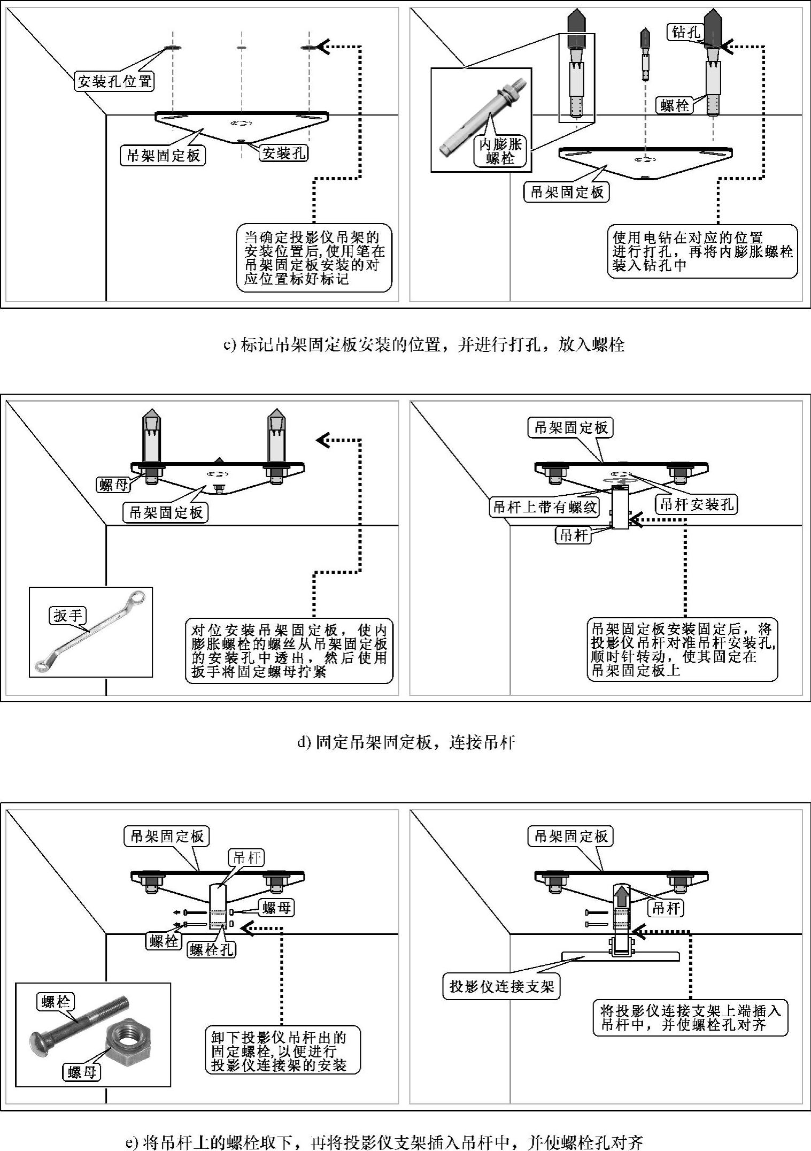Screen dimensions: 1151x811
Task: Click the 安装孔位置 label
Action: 114,81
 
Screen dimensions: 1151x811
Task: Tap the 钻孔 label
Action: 686,33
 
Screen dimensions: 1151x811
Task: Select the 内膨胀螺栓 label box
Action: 500,151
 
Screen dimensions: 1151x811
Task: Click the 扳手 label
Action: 68,616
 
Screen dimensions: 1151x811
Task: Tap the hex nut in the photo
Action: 128,1042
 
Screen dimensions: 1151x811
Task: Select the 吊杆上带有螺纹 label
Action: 544,507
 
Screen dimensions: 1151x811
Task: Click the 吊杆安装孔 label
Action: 697,504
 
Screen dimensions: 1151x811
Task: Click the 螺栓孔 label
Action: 212,949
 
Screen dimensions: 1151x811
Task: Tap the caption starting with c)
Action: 423,344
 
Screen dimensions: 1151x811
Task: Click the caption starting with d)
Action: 406,742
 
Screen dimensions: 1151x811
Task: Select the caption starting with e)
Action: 383,1142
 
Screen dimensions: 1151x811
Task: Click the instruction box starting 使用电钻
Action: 702,251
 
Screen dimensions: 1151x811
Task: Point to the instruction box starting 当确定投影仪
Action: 314,258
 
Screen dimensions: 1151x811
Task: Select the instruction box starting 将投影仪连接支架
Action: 690,1017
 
